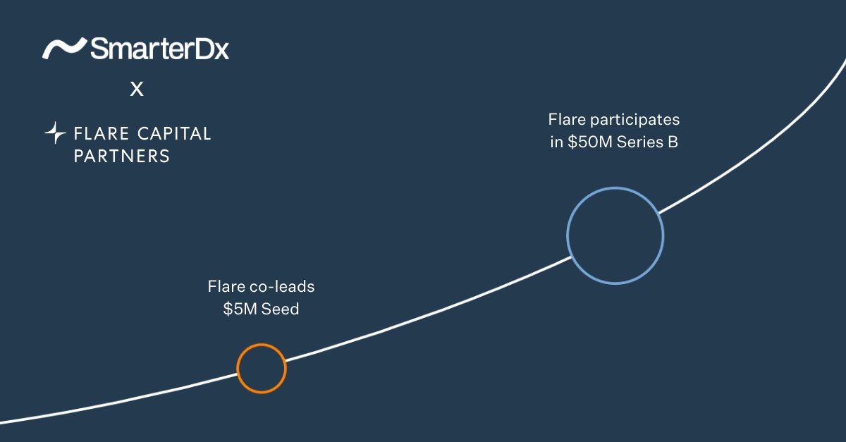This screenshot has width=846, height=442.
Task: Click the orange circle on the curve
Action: [262, 368]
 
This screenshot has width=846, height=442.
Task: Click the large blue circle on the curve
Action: [615, 235]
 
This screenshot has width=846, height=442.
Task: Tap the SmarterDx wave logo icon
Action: [65, 49]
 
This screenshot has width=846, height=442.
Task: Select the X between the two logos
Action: [137, 90]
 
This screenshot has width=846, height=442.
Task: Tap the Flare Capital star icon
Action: [55, 133]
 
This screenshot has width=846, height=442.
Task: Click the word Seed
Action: [280, 309]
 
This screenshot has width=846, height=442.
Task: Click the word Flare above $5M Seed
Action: [226, 287]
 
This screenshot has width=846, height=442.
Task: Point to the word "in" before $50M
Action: [556, 142]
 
